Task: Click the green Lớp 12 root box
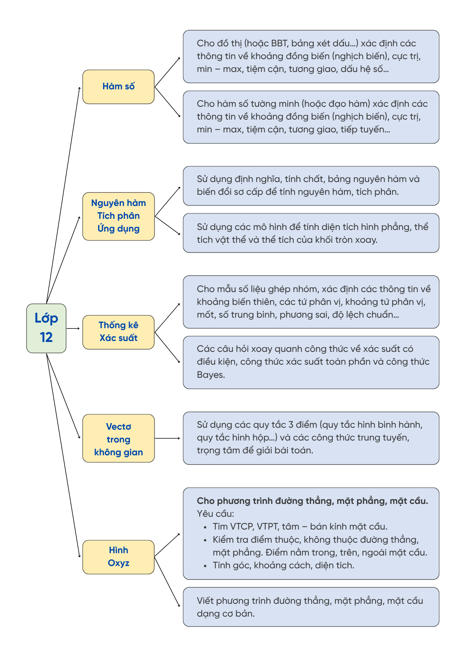coord(46,328)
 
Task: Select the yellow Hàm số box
coord(118,87)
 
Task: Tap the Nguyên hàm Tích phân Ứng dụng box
coord(118,216)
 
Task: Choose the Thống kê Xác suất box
coord(118,332)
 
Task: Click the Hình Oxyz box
coord(118,557)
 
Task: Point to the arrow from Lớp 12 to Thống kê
coord(73,328)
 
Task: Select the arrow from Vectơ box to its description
coord(167,438)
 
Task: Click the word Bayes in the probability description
coord(211,375)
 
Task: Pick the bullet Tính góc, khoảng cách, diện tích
coord(283,565)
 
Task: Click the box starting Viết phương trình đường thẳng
coord(311,607)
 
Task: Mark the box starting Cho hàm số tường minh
coord(311,117)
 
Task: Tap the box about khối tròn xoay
coord(311,233)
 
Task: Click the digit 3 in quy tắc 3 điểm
coord(291,425)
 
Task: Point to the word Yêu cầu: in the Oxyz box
coord(215,514)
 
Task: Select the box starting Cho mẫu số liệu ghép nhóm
coord(311,302)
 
